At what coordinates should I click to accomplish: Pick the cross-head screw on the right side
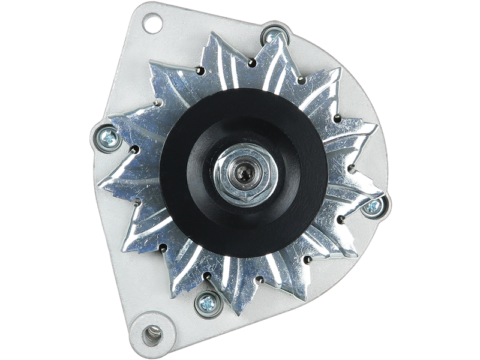373,206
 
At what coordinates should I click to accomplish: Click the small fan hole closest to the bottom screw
206,277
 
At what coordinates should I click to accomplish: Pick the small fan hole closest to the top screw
248,62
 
